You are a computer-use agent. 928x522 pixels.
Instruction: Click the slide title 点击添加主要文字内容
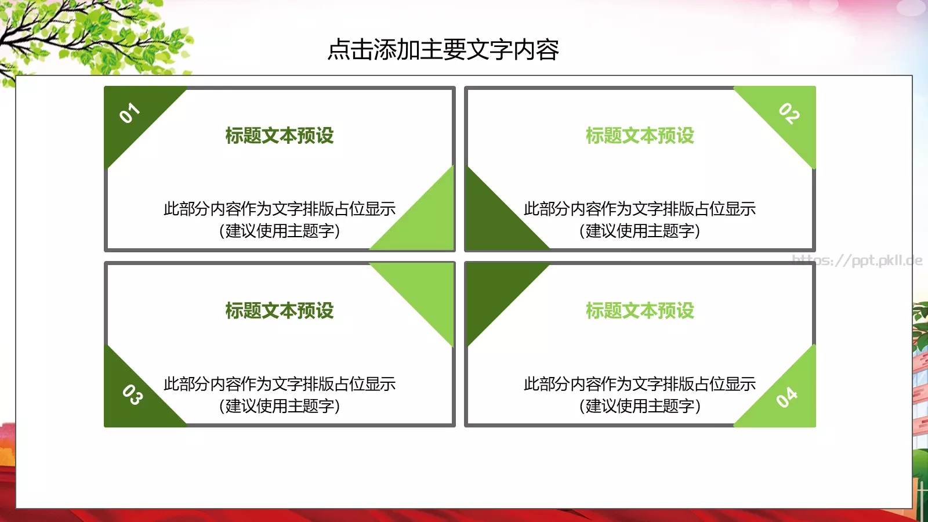(443, 50)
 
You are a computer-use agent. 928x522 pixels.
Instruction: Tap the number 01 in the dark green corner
(129, 113)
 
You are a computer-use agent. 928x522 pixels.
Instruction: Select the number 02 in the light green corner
(789, 113)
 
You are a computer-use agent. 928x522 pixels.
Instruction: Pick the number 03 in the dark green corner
(132, 394)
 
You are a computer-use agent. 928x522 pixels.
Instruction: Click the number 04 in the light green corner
(787, 397)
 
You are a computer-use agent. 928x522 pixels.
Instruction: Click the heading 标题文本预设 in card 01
(280, 136)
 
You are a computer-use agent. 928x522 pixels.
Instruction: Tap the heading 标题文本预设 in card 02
(640, 136)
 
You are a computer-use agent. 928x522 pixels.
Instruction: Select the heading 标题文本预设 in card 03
(280, 311)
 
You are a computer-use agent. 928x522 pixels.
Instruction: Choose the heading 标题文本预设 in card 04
(640, 311)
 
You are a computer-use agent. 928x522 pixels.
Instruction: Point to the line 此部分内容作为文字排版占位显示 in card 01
(280, 209)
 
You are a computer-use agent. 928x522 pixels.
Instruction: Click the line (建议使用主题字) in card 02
(640, 231)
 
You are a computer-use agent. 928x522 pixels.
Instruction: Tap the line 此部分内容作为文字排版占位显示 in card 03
(280, 384)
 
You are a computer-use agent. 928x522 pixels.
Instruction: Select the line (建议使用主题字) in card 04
(640, 406)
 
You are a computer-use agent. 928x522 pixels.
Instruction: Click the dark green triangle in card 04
(493, 290)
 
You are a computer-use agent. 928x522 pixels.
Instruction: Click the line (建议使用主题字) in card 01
(280, 231)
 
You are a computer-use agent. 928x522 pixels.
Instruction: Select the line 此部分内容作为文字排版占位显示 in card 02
(640, 209)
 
